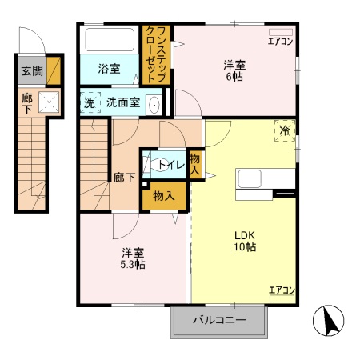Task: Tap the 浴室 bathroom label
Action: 110,70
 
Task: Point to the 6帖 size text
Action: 234,78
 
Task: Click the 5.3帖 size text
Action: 134,264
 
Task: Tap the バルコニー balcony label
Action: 218,321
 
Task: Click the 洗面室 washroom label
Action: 123,102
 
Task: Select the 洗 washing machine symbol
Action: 89,102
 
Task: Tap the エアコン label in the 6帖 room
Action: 281,41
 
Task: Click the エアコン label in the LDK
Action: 281,290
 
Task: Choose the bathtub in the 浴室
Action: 110,40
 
